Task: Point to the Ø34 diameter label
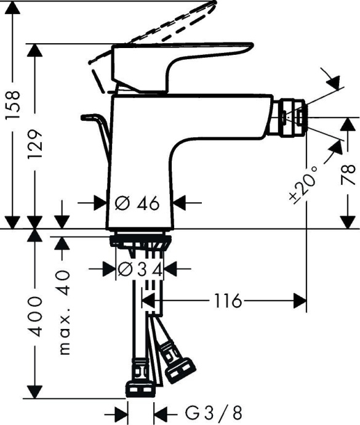pos(140,269)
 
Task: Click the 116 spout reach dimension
pos(227,301)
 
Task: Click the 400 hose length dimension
pos(36,315)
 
